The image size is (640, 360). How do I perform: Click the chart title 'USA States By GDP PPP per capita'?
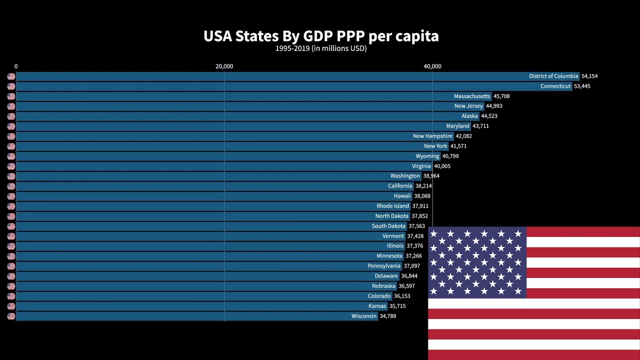[320, 36]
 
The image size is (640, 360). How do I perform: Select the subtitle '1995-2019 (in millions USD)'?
[320, 48]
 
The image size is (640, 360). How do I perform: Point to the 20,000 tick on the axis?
[224, 66]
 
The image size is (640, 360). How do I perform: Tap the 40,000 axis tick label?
[432, 66]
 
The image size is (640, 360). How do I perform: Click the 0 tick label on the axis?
[16, 66]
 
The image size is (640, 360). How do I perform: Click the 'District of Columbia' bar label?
[553, 76]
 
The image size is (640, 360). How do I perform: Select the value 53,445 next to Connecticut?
[582, 86]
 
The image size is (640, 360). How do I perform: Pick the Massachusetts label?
[472, 96]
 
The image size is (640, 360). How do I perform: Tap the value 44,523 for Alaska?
[489, 116]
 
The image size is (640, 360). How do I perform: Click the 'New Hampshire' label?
[432, 136]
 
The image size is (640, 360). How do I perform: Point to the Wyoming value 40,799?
[450, 156]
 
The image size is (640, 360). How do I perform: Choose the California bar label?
[400, 186]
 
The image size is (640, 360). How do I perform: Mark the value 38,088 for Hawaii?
[422, 196]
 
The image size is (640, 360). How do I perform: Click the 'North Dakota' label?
[392, 216]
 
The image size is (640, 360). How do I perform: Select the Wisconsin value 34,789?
[387, 316]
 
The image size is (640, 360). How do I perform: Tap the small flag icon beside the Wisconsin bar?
[11, 316]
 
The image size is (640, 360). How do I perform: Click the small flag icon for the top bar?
[11, 76]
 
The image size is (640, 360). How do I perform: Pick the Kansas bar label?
[377, 306]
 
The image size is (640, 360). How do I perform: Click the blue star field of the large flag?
[477, 262]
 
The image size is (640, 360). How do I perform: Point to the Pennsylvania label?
[384, 266]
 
